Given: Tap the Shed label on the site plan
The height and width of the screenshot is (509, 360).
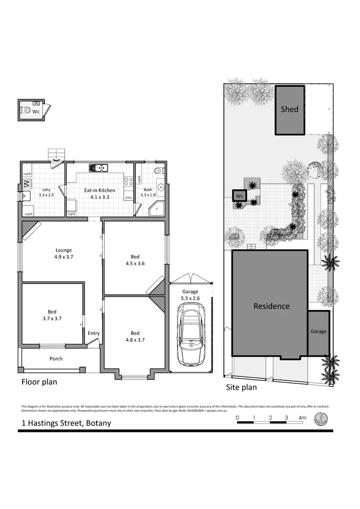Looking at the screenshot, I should tap(289, 109).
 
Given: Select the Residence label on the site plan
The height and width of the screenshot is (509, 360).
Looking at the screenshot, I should tap(271, 306).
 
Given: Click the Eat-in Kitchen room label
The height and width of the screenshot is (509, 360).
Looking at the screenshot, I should tap(100, 190).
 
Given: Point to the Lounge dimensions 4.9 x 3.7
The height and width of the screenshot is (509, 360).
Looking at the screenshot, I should tap(64, 257).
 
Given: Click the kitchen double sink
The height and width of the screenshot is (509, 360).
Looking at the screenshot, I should tap(99, 169).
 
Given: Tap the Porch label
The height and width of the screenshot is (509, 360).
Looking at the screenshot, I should tap(56, 359).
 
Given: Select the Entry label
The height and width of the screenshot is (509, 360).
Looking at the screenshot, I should tap(94, 334).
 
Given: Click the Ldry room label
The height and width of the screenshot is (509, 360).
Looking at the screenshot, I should tap(46, 190).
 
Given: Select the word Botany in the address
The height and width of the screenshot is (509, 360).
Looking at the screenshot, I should tap(98, 423).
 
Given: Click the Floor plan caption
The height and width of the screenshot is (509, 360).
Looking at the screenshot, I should tap(39, 382).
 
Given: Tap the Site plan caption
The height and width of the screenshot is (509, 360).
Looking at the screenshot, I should tap(241, 387).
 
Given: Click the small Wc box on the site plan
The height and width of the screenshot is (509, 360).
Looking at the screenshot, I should tap(239, 196).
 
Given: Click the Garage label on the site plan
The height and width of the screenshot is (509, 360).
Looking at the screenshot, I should tap(319, 332).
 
